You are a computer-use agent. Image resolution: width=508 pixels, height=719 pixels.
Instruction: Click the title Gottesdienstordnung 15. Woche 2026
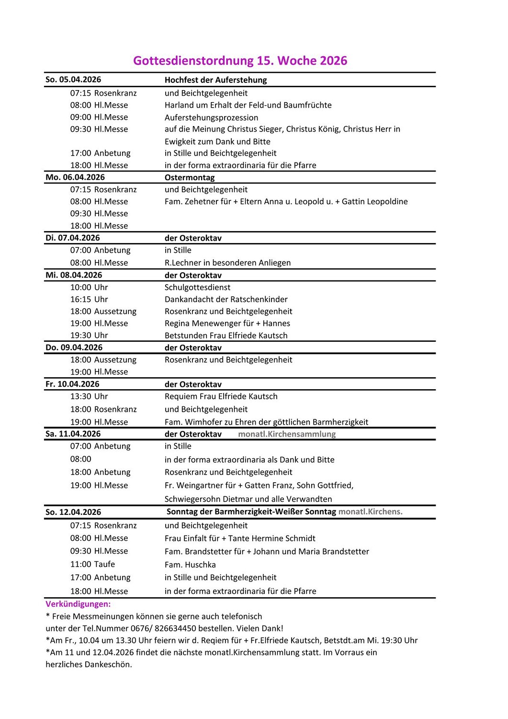click(240, 61)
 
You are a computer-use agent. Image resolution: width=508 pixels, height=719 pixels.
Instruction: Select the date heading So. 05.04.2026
click(73, 80)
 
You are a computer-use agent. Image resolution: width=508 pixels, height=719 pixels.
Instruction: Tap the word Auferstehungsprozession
click(211, 117)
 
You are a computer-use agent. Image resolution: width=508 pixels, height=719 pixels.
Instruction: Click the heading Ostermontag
click(190, 177)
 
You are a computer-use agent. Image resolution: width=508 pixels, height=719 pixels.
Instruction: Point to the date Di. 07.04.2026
click(73, 238)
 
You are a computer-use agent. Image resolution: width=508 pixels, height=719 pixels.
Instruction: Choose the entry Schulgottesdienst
click(197, 287)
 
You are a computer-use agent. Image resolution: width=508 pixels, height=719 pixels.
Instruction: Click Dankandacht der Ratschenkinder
click(226, 299)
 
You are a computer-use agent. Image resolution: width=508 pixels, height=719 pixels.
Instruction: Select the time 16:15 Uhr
click(89, 299)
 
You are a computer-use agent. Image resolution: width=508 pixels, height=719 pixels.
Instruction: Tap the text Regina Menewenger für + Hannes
click(227, 323)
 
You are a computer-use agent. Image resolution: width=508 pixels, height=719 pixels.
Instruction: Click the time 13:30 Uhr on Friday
click(89, 396)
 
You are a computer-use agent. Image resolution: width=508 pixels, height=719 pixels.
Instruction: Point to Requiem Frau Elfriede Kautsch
click(221, 396)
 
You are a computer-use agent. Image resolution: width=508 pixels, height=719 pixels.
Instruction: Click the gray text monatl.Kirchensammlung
click(287, 434)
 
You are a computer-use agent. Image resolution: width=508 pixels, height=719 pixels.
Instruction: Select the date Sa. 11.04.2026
click(73, 434)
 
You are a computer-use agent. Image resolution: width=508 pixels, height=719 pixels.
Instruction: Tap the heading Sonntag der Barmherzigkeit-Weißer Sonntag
click(251, 511)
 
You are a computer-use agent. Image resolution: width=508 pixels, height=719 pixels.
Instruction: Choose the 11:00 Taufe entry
click(92, 564)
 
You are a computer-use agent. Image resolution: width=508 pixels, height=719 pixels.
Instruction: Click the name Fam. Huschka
click(190, 565)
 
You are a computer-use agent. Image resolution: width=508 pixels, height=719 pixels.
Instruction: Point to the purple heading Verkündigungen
click(78, 604)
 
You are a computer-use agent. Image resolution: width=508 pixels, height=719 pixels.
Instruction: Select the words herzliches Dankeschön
click(89, 664)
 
